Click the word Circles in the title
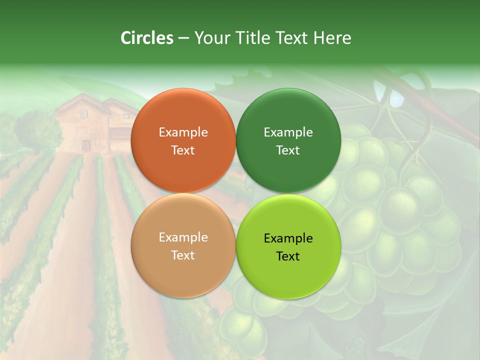[147, 38]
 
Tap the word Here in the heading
[332, 38]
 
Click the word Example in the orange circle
[183, 132]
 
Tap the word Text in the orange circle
[183, 150]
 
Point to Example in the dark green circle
[288, 132]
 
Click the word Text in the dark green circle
[288, 150]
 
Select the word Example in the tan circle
[183, 237]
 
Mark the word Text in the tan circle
[183, 255]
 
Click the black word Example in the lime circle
[288, 238]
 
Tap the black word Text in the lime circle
[288, 256]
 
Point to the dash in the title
[183, 38]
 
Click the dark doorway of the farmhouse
[87, 145]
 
